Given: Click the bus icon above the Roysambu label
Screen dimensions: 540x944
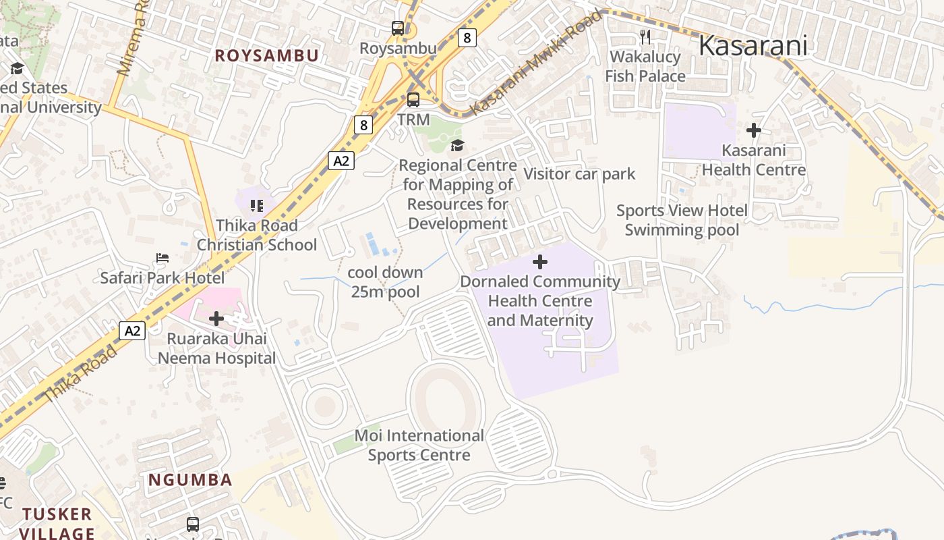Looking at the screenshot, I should pyautogui.click(x=398, y=28).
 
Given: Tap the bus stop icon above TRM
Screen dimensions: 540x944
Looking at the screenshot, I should pyautogui.click(x=413, y=100).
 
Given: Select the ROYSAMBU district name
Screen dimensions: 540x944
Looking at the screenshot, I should pyautogui.click(x=266, y=56).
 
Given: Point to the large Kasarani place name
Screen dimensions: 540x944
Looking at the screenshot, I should pyautogui.click(x=753, y=46).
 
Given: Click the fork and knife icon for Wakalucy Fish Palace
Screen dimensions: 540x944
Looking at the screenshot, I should pyautogui.click(x=645, y=36).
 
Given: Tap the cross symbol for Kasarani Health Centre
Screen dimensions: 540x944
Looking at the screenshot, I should pyautogui.click(x=754, y=130).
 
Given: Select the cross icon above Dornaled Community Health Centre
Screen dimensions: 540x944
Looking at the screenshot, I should pyautogui.click(x=540, y=262).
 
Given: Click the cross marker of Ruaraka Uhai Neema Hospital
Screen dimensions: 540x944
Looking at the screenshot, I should pyautogui.click(x=216, y=319).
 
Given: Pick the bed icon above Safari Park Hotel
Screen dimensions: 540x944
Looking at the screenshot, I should pyautogui.click(x=163, y=258).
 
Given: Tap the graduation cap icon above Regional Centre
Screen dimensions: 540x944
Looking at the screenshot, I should pyautogui.click(x=457, y=145).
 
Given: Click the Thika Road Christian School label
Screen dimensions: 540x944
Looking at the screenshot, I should pyautogui.click(x=256, y=235).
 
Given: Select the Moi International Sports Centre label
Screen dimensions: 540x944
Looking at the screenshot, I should pyautogui.click(x=419, y=446).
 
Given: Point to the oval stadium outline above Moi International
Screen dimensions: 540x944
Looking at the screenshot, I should pyautogui.click(x=446, y=398).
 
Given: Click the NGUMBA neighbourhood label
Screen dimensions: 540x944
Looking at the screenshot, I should pyautogui.click(x=190, y=481).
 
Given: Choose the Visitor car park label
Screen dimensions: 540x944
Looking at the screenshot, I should pyautogui.click(x=579, y=174).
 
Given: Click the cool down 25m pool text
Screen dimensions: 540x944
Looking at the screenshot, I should pyautogui.click(x=385, y=282).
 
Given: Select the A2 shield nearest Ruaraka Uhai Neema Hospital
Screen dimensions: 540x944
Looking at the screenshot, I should pyautogui.click(x=132, y=331).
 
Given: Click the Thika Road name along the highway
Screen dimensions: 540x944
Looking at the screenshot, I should pyautogui.click(x=80, y=374).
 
